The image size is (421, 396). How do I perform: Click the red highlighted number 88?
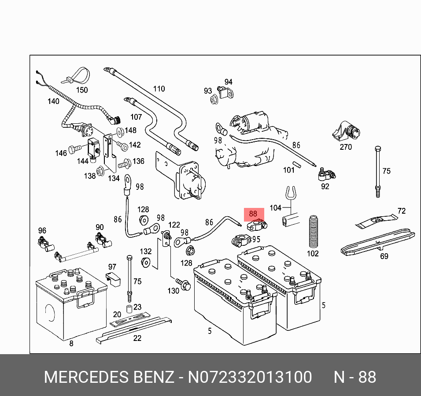[253, 214]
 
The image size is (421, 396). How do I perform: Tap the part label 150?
[82, 90]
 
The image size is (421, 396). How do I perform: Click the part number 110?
[159, 89]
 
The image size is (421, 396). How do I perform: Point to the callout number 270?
[346, 147]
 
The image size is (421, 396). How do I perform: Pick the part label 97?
[112, 267]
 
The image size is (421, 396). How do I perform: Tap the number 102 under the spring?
[312, 253]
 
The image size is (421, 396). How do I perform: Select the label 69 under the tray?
[384, 256]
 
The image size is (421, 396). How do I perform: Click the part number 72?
[401, 211]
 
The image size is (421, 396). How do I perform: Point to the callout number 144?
[83, 161]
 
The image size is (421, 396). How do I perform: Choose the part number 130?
[173, 291]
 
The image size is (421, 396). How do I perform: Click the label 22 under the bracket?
[137, 338]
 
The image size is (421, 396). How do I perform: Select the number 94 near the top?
[228, 82]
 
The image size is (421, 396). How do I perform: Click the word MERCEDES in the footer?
[85, 377]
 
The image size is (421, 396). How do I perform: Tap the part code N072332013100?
[250, 377]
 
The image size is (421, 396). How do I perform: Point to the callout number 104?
[275, 207]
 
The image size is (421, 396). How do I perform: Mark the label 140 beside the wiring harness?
[53, 101]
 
